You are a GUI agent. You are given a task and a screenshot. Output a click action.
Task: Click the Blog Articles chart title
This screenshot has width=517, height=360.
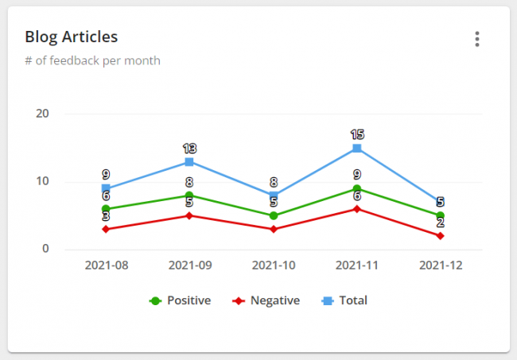[x=72, y=37]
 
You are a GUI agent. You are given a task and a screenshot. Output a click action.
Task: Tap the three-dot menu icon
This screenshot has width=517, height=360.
[x=476, y=39]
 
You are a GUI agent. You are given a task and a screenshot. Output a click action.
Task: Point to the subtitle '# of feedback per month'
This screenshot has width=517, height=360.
[x=92, y=61]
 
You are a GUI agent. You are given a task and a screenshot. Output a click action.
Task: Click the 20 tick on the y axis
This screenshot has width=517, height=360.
[x=43, y=114]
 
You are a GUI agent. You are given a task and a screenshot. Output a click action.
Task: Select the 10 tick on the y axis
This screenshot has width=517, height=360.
[x=43, y=181]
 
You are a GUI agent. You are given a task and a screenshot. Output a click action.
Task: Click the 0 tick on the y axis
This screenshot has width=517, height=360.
[x=46, y=249]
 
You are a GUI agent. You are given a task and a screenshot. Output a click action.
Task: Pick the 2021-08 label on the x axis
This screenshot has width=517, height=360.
[x=106, y=265]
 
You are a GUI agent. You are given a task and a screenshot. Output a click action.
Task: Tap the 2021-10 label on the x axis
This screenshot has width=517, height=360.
[x=273, y=265]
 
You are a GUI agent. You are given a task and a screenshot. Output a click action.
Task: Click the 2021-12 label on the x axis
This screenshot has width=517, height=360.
[x=440, y=265]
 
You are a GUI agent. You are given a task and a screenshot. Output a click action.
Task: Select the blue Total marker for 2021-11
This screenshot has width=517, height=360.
[x=356, y=148]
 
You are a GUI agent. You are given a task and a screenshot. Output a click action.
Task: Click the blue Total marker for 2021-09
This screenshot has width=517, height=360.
[x=189, y=161]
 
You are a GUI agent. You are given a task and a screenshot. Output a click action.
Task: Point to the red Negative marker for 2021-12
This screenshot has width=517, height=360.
[x=440, y=236]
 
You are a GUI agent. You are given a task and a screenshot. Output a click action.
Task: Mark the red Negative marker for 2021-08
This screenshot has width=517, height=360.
[x=106, y=229]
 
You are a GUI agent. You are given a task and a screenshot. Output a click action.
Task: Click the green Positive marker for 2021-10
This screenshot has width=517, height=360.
[x=273, y=215]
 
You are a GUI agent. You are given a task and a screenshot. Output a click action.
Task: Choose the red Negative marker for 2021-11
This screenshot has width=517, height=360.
[x=356, y=209]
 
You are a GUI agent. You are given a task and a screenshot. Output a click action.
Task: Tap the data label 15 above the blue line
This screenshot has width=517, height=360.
[x=356, y=134]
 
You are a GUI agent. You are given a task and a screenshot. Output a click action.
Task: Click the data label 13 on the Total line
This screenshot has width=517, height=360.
[x=189, y=148]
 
